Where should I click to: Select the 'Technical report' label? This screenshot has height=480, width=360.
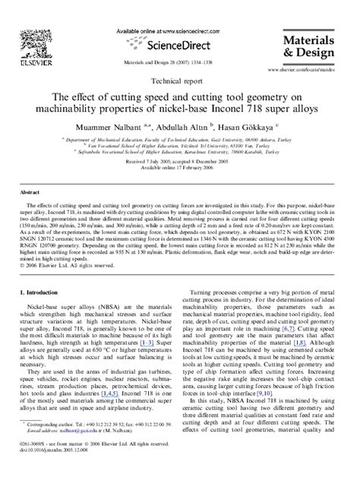pyautogui.click(x=180, y=79)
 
